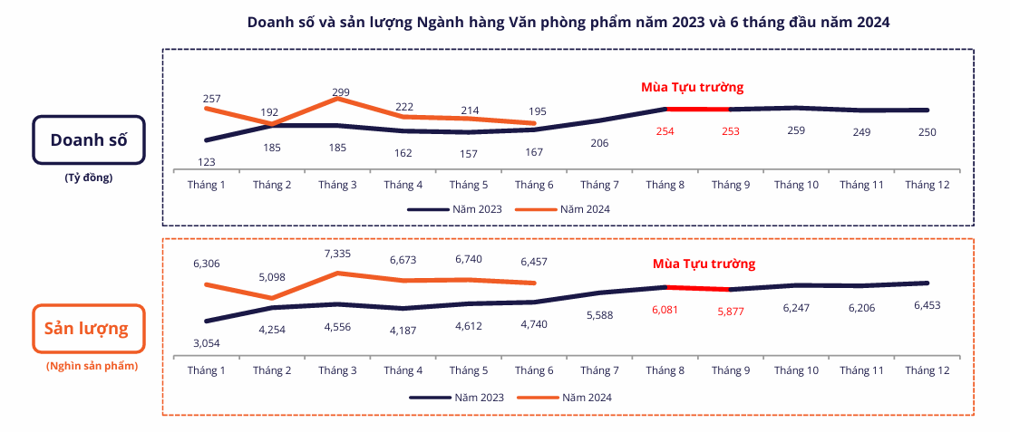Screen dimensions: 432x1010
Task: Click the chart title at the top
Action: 568,23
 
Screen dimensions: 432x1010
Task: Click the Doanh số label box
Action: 88,139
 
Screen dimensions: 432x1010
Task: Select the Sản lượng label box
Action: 88,328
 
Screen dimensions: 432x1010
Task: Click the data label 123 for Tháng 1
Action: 207,161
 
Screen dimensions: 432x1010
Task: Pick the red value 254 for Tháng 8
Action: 665,131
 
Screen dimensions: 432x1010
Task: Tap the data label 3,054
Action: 207,342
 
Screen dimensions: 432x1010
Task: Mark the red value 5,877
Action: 731,313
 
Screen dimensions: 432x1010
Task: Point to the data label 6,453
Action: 927,306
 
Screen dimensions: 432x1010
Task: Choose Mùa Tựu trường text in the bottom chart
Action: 704,264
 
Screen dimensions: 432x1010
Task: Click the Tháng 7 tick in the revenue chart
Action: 599,185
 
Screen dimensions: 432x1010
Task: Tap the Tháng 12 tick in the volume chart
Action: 927,370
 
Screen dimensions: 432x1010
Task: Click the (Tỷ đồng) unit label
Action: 88,178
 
